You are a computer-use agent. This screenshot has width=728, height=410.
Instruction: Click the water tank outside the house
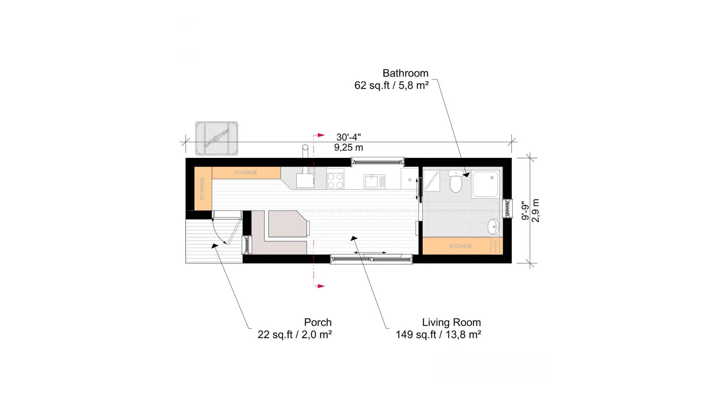(x=217, y=139)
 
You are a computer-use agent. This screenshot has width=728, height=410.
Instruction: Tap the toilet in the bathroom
(x=455, y=183)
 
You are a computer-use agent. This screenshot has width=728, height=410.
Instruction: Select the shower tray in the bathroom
(x=485, y=184)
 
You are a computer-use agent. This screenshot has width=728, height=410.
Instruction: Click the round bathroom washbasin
(x=493, y=227)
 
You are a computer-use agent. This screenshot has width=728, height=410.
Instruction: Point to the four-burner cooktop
(x=335, y=181)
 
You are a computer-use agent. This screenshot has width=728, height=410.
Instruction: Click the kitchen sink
(x=372, y=181)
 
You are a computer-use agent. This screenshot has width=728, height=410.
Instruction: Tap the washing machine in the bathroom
(x=431, y=180)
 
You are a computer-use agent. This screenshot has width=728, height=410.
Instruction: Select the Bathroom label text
(x=405, y=73)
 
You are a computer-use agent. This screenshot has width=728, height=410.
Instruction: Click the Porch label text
(x=317, y=322)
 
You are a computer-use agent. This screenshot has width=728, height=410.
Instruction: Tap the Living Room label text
(x=451, y=322)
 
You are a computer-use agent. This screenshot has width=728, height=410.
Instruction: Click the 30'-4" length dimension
(x=348, y=137)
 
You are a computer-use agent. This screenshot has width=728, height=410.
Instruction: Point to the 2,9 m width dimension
(x=535, y=210)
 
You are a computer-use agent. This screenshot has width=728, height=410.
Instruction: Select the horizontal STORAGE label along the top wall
(x=246, y=173)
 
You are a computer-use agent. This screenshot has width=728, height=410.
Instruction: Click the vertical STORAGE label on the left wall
(x=202, y=189)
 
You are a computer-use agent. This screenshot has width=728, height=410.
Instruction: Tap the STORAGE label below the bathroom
(x=460, y=246)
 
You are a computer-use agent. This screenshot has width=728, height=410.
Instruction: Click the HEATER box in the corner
(x=495, y=246)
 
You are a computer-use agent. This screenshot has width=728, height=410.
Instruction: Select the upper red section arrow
(x=321, y=135)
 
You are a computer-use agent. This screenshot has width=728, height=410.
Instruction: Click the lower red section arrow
(x=321, y=286)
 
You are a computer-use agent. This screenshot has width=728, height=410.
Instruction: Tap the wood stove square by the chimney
(x=305, y=181)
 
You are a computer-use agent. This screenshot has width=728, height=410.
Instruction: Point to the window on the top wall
(x=377, y=162)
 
